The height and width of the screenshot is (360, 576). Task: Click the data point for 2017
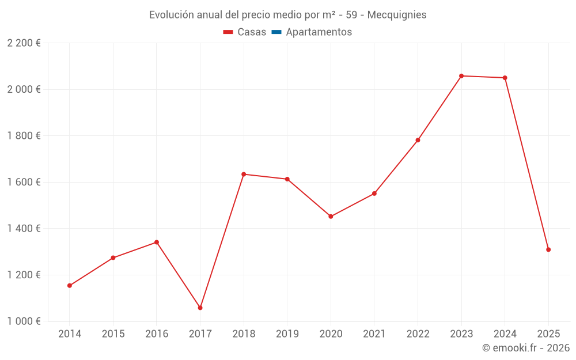(200, 308)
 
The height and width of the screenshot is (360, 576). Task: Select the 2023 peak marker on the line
(461, 76)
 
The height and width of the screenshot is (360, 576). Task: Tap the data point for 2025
(548, 249)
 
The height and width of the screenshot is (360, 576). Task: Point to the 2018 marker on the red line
(244, 174)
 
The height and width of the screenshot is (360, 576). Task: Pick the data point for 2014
(70, 286)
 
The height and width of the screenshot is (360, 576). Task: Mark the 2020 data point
(331, 217)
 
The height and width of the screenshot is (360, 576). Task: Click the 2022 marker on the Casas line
(418, 140)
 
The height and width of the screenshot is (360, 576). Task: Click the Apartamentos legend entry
(319, 32)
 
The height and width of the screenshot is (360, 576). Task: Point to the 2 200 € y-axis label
(24, 43)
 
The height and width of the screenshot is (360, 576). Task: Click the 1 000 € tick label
(24, 321)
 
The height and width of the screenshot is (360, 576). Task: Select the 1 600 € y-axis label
(24, 182)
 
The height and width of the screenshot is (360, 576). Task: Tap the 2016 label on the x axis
(157, 334)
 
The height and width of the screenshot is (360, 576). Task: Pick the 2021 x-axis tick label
(374, 334)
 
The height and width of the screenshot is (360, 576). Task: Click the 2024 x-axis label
(505, 334)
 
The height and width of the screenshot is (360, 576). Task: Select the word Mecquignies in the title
(397, 15)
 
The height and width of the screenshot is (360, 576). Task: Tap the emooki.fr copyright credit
(526, 348)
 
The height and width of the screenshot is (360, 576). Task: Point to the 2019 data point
(287, 179)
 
